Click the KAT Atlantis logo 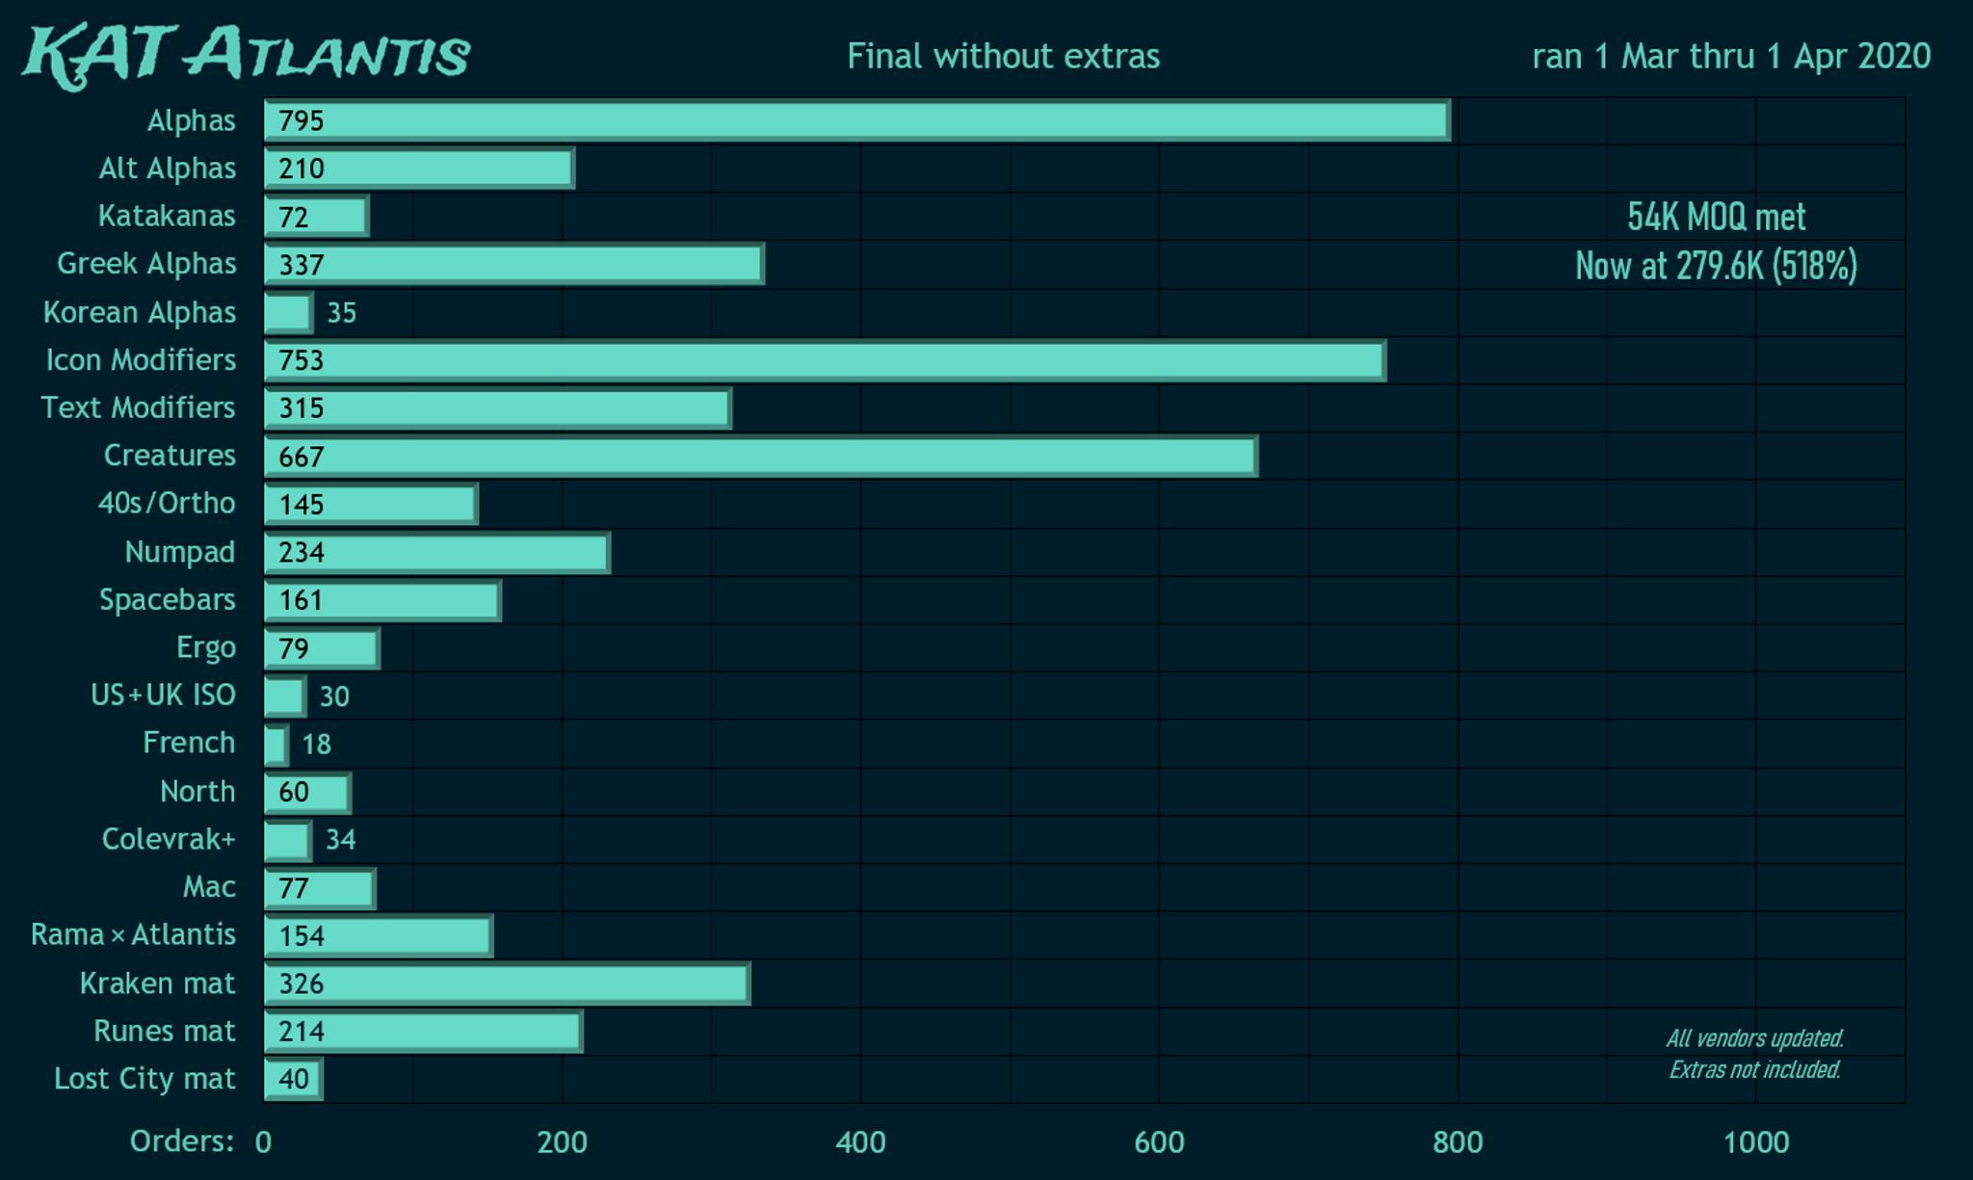(247, 56)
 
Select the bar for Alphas (856, 121)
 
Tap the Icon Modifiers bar (825, 360)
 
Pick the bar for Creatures (760, 456)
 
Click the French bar (276, 744)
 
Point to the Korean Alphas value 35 (342, 313)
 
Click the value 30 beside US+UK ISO (334, 696)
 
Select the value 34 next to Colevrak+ (341, 840)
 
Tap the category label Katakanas (167, 216)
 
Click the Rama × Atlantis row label (133, 934)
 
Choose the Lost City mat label (145, 1079)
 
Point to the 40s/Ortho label (167, 503)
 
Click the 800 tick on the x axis (1458, 1142)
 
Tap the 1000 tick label (1755, 1142)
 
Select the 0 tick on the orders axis (263, 1142)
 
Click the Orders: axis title (182, 1141)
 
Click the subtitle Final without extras (1003, 56)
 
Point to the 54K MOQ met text (1717, 217)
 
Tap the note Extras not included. (1754, 1069)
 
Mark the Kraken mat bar (507, 983)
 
